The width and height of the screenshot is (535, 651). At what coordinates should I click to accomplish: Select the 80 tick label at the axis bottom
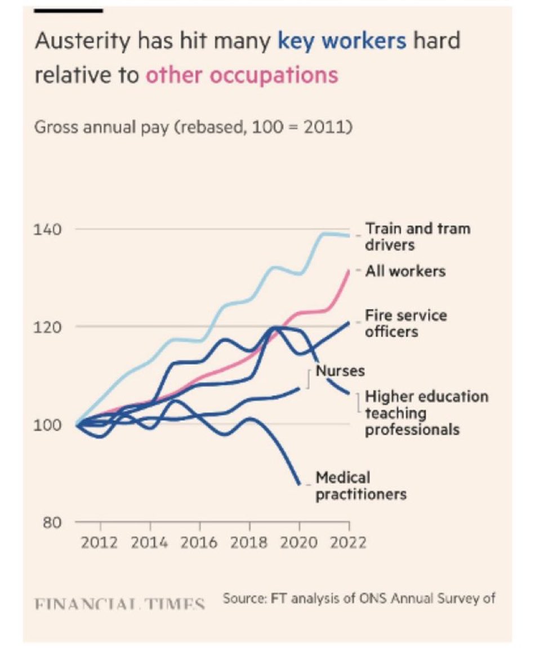click(x=50, y=522)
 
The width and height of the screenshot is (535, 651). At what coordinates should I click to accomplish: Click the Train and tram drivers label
click(x=417, y=237)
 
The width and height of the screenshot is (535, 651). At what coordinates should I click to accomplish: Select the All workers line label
click(x=405, y=271)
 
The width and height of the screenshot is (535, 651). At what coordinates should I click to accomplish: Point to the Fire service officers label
click(x=405, y=323)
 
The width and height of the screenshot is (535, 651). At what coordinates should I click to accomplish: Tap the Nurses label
click(x=340, y=371)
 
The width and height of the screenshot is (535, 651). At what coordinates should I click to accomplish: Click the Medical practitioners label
click(x=360, y=486)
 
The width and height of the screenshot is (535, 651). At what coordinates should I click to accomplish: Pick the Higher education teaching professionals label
click(x=426, y=413)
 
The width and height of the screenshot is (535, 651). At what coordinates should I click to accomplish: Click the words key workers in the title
click(x=342, y=41)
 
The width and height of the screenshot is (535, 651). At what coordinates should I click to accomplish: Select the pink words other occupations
click(x=242, y=75)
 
